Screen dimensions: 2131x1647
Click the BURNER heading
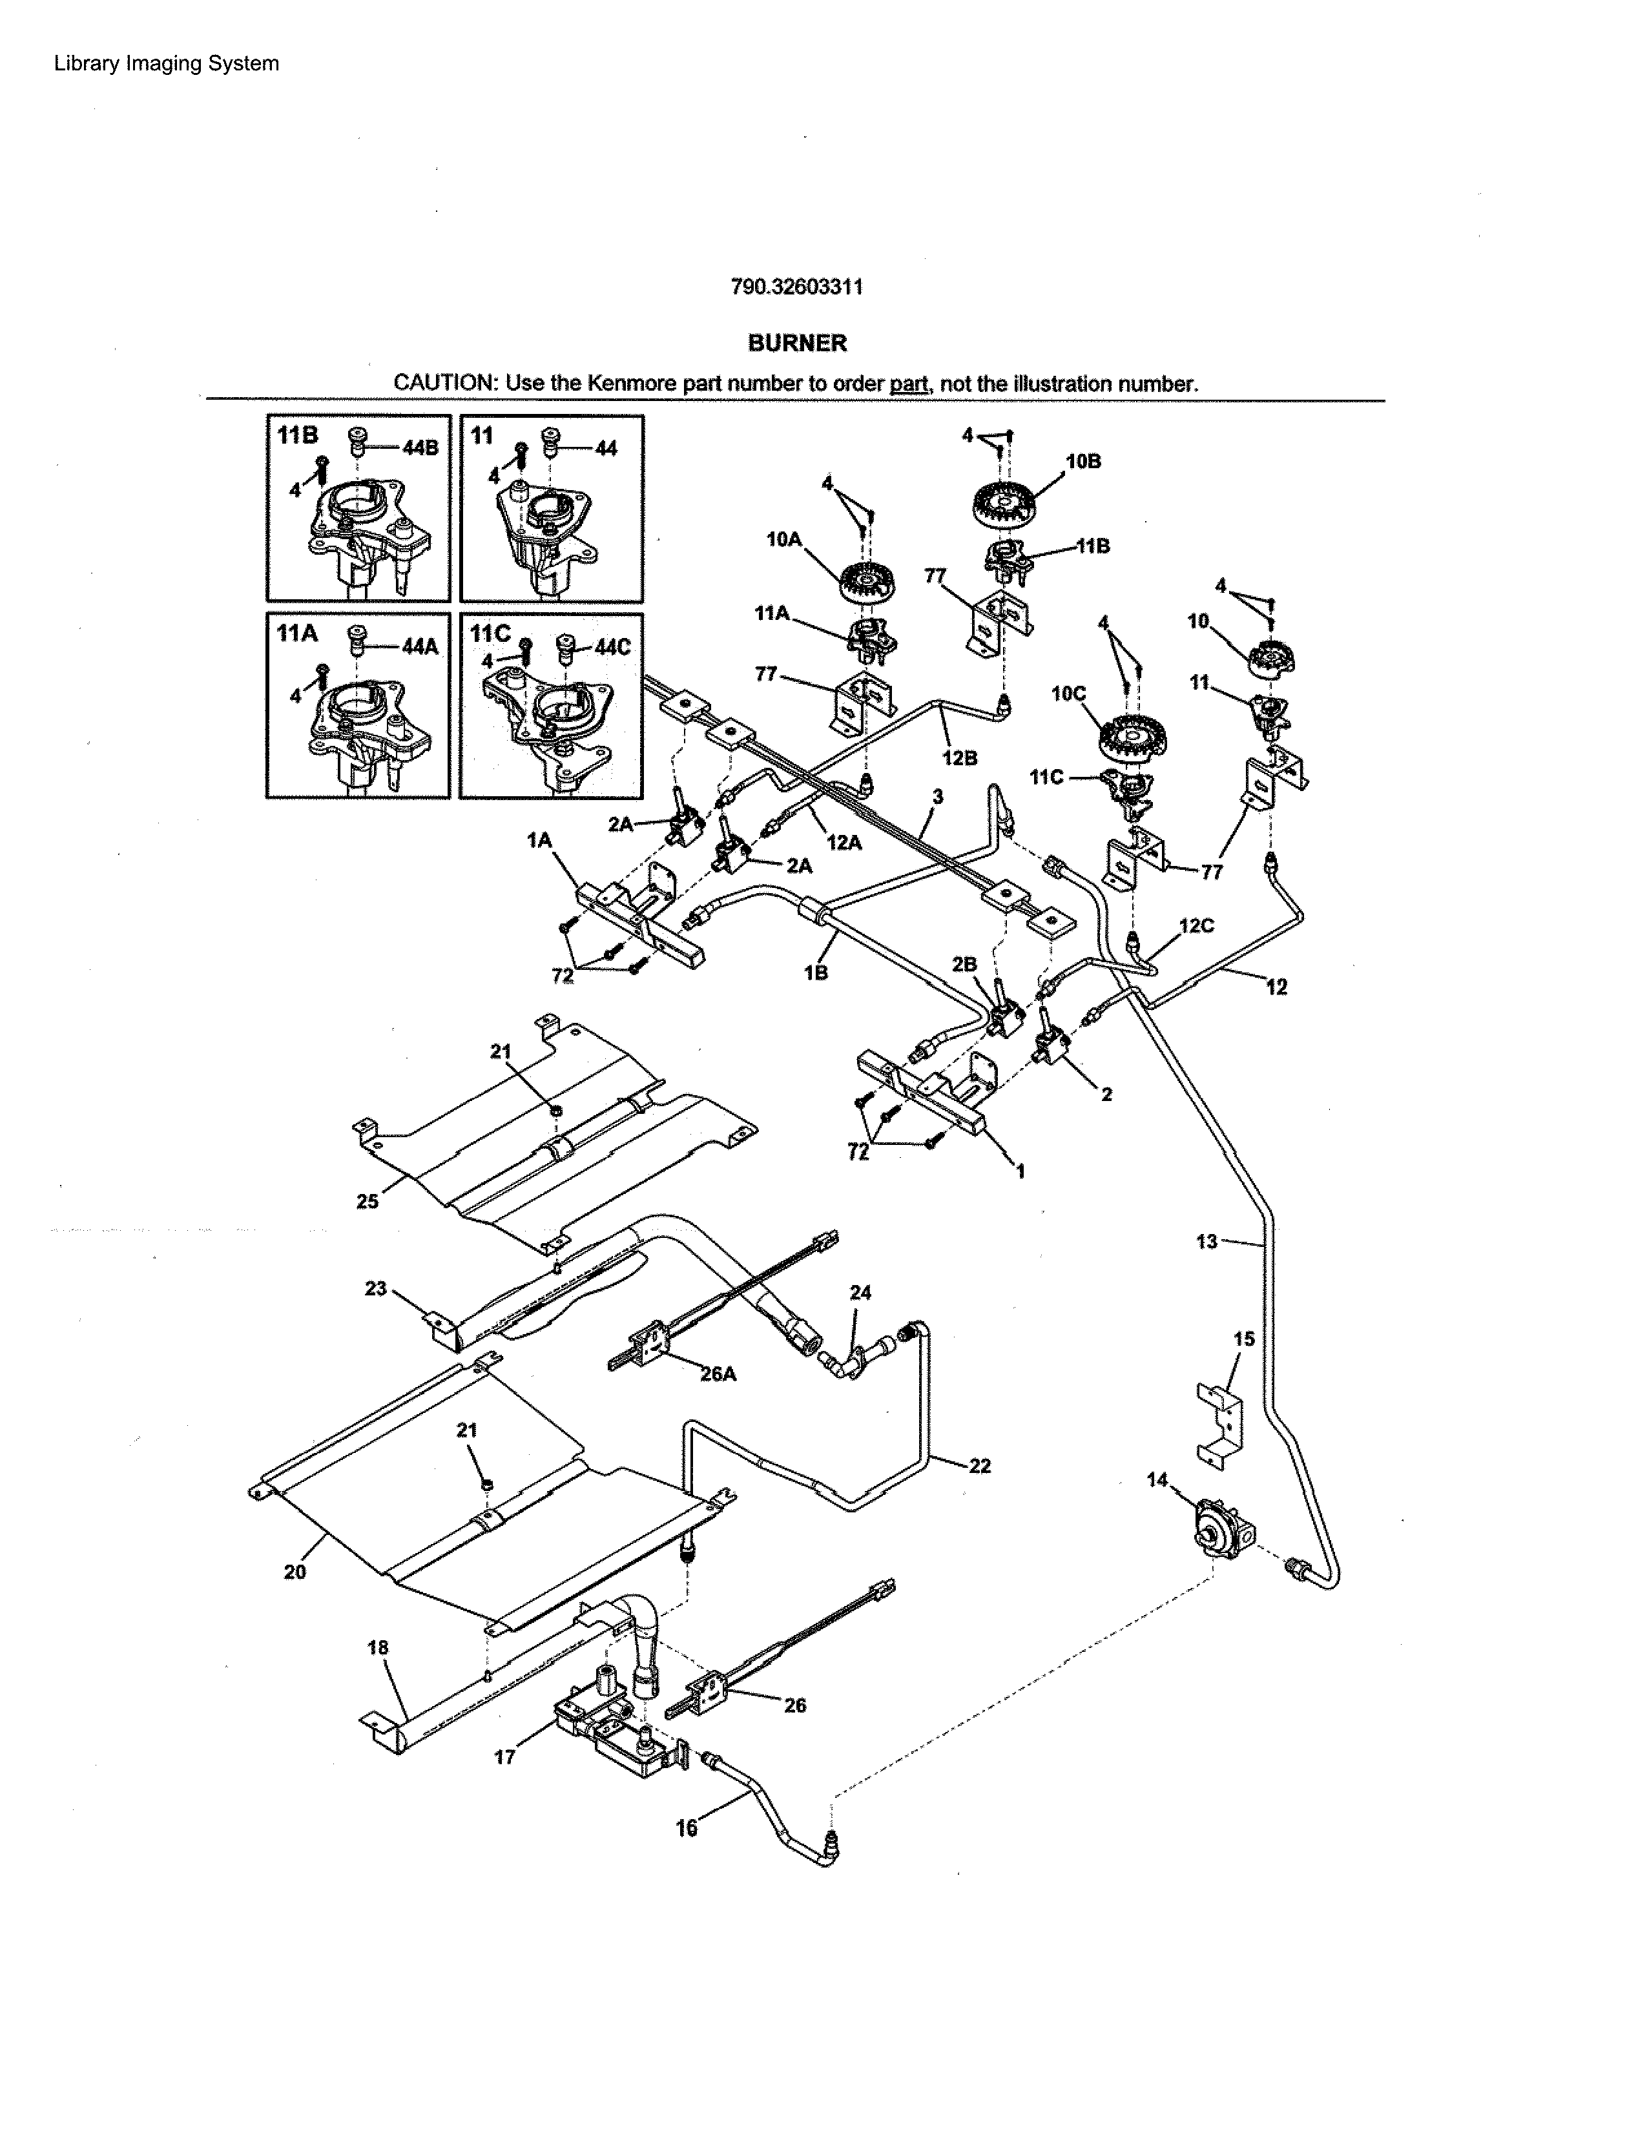tap(797, 344)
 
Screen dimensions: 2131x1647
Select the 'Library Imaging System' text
tap(166, 63)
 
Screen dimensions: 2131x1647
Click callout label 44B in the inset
tap(420, 448)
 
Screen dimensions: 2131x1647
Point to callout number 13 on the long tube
tap(1207, 1241)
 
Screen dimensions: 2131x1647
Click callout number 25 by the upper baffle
tap(367, 1201)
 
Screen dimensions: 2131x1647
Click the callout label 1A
tap(539, 839)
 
